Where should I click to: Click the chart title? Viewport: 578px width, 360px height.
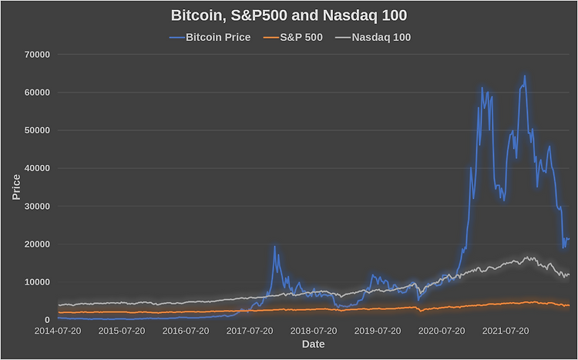[289, 15]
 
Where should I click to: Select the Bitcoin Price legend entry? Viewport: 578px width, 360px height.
[210, 37]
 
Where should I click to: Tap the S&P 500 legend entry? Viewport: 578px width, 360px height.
[294, 37]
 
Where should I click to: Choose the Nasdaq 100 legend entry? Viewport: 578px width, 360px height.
[373, 37]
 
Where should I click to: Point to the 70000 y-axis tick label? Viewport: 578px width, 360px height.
[37, 55]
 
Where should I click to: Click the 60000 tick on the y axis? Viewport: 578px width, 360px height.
[37, 93]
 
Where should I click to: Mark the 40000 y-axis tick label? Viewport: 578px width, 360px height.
[37, 169]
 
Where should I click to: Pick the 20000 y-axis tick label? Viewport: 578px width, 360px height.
[37, 244]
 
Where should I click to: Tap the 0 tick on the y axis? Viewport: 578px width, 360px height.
[47, 321]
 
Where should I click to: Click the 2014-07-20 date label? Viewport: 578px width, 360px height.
[58, 331]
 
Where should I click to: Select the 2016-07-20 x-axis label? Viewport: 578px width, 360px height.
[186, 331]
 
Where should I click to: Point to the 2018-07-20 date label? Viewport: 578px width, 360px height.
[314, 331]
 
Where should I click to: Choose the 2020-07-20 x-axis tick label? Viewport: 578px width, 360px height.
[442, 331]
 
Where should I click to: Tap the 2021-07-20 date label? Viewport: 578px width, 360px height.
[506, 331]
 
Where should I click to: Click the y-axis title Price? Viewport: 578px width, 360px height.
[16, 187]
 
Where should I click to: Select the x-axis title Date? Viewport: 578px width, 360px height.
[314, 344]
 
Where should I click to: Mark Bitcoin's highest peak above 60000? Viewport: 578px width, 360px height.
[525, 76]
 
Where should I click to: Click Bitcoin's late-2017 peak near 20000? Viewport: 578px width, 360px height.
[274, 247]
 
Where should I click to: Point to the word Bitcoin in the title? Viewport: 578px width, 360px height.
[197, 15]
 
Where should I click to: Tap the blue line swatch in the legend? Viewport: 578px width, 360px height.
[177, 38]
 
